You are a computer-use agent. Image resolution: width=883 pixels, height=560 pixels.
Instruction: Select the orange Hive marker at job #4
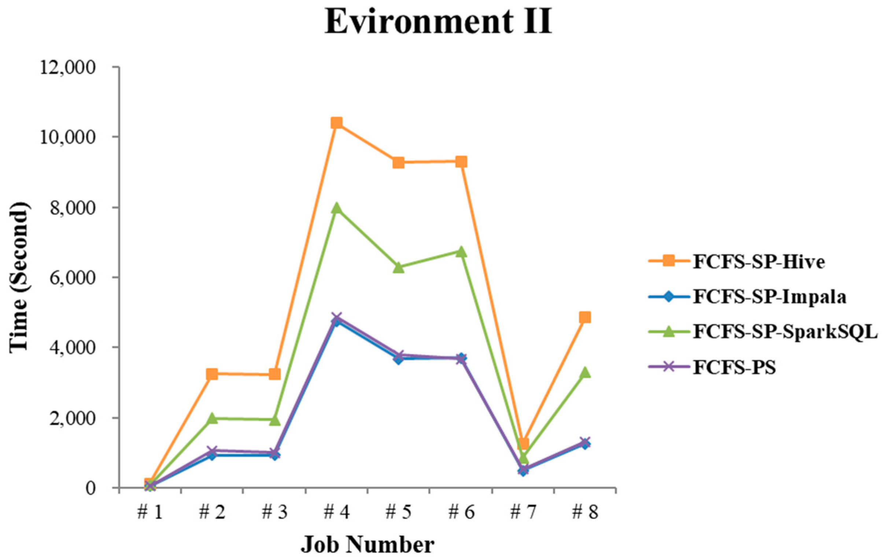(x=336, y=123)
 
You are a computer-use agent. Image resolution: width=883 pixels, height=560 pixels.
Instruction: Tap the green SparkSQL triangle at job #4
(x=336, y=208)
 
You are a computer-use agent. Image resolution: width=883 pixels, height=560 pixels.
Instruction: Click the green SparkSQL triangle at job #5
(x=399, y=267)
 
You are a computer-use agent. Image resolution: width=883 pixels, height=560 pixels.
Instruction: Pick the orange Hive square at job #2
(x=212, y=374)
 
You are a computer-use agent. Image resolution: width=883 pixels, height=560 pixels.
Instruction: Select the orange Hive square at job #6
(x=461, y=162)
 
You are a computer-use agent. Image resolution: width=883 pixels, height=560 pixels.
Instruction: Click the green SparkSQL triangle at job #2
(x=212, y=418)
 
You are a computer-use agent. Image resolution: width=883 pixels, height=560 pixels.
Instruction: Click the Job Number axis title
(x=367, y=545)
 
